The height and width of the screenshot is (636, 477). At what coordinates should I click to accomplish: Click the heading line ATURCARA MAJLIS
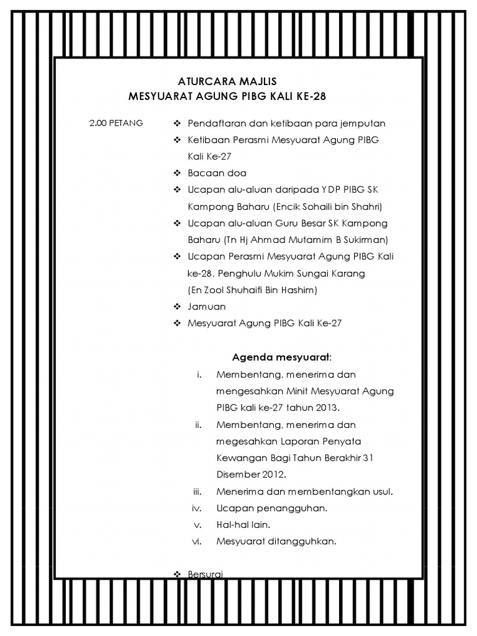coord(227,81)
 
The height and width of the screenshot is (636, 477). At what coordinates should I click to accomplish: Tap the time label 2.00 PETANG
coord(116,123)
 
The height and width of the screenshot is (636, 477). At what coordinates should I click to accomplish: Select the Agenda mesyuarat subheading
coord(282,357)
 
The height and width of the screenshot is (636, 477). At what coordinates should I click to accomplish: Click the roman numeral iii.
coord(199,491)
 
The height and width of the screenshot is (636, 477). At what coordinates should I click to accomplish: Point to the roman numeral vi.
coord(198,541)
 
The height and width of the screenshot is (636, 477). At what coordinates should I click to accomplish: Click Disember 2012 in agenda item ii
coord(251,475)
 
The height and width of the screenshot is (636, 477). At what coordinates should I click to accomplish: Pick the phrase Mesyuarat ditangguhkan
coord(276,541)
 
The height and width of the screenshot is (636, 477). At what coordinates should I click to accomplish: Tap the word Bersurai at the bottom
coord(205,575)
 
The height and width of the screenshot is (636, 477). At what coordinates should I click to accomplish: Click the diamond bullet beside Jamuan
coord(176,307)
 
